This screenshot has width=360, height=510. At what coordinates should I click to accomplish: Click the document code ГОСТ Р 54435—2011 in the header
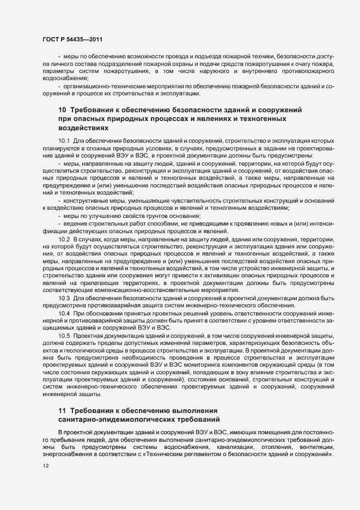click(71, 40)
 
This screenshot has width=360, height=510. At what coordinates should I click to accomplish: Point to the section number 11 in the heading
click(62, 410)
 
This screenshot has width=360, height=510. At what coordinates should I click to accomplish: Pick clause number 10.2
click(64, 240)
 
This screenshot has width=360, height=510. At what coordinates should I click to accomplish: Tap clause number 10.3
click(64, 297)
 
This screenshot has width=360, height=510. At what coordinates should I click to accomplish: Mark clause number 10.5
click(64, 336)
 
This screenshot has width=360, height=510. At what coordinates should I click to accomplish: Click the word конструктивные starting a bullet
click(87, 202)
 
